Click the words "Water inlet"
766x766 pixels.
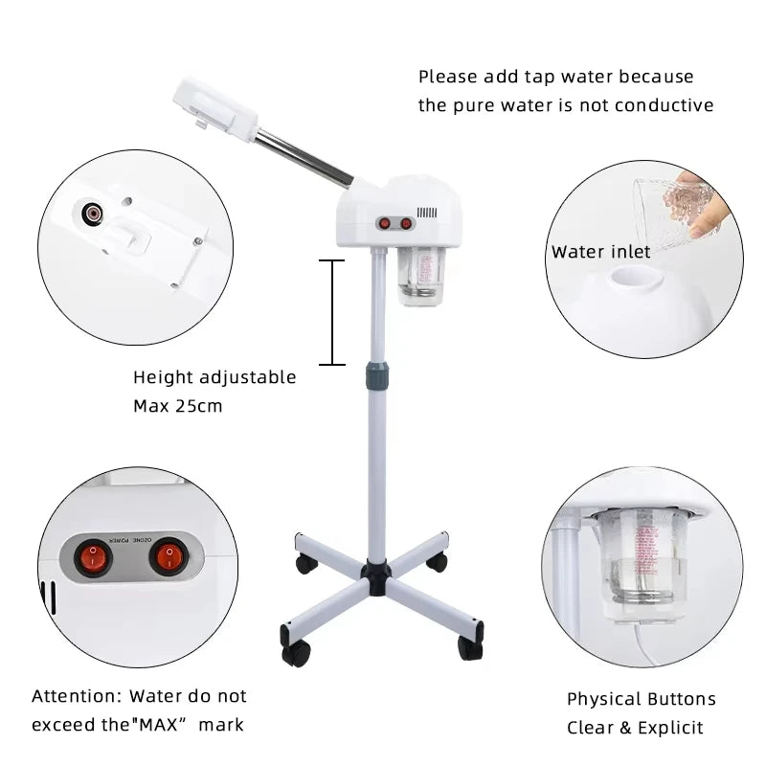(x=600, y=252)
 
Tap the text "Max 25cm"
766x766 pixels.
(x=177, y=406)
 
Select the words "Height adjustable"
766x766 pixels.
(x=214, y=377)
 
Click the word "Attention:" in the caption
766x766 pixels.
(x=77, y=696)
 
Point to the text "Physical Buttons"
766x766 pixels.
(x=641, y=699)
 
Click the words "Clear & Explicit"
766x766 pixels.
(x=635, y=728)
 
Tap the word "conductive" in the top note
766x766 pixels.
(x=665, y=105)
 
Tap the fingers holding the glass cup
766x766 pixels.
(x=710, y=206)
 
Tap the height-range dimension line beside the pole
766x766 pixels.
(x=331, y=312)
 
